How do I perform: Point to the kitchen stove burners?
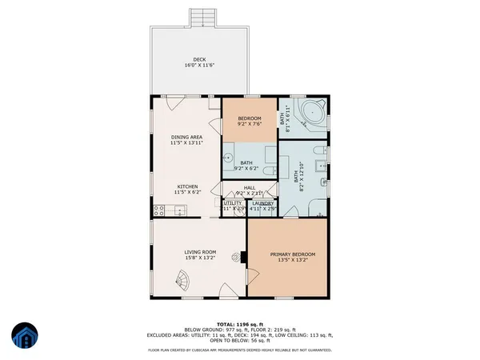pos(159,211)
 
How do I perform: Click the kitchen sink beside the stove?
pos(180,211)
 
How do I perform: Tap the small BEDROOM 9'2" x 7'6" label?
pos(250,118)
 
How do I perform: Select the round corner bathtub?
pos(310,113)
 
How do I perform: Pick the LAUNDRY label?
pos(262,203)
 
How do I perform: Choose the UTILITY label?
pos(233,203)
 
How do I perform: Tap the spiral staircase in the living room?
pos(185,282)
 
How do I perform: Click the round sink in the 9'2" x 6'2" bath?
pos(228,158)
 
